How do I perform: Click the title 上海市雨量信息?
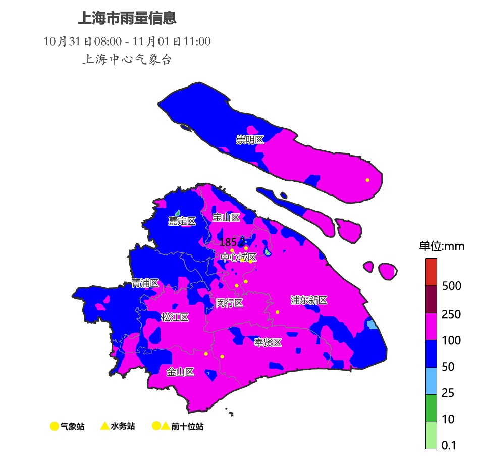127,19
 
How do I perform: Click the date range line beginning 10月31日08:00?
127,41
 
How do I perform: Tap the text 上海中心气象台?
127,59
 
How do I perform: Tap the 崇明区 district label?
250,140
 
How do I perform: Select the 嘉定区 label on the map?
182,221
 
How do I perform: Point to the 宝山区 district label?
226,218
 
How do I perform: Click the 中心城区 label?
238,258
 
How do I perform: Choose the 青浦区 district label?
145,283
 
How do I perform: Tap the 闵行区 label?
230,303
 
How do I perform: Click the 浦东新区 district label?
309,300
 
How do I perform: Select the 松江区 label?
175,317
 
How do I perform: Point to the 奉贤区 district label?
268,343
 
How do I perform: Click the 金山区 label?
180,372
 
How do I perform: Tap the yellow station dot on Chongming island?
367,180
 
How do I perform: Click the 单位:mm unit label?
442,246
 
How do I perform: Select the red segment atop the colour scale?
431,272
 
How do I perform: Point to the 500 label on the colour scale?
451,286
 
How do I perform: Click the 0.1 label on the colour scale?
449,445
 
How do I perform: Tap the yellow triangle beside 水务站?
105,426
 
